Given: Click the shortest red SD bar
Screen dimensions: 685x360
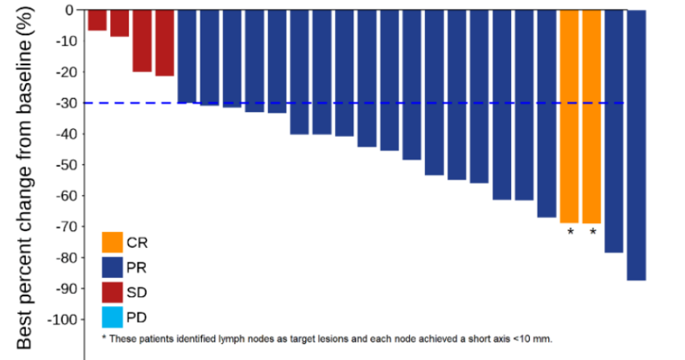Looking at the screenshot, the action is point(97,20).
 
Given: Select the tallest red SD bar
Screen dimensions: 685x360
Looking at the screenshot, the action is point(165,43).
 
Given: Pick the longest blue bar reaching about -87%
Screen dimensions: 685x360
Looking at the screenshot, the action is point(637,145).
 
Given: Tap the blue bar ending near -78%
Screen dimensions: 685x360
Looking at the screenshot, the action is point(614,131).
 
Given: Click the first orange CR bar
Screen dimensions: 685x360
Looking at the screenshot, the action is point(569,116).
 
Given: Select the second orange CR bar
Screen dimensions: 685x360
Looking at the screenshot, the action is point(592,117).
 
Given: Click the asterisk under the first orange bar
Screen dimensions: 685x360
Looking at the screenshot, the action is point(570,232).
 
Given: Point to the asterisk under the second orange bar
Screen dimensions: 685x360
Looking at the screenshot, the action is point(592,232).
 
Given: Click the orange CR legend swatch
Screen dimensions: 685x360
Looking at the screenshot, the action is point(112,242).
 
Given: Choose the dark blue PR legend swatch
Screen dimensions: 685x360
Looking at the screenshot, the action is point(112,267).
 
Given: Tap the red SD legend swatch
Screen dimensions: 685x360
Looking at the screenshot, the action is point(112,292).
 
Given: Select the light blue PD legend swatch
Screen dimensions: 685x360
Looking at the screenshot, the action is point(112,317).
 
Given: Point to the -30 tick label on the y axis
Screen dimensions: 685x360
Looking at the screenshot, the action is point(66,103).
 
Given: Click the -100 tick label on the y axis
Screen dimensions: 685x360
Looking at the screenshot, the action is point(63,320).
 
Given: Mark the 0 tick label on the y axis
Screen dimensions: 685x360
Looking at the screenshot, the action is point(71,10).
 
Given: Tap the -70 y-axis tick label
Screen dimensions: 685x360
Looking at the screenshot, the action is point(66,227).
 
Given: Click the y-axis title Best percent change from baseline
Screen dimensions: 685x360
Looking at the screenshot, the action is point(24,178).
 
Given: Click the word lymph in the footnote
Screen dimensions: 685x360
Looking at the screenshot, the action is point(232,339).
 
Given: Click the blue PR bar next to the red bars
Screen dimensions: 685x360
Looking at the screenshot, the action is point(187,56).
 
